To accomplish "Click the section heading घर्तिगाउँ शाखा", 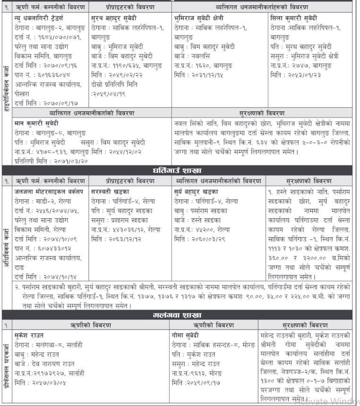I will click(180, 170).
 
